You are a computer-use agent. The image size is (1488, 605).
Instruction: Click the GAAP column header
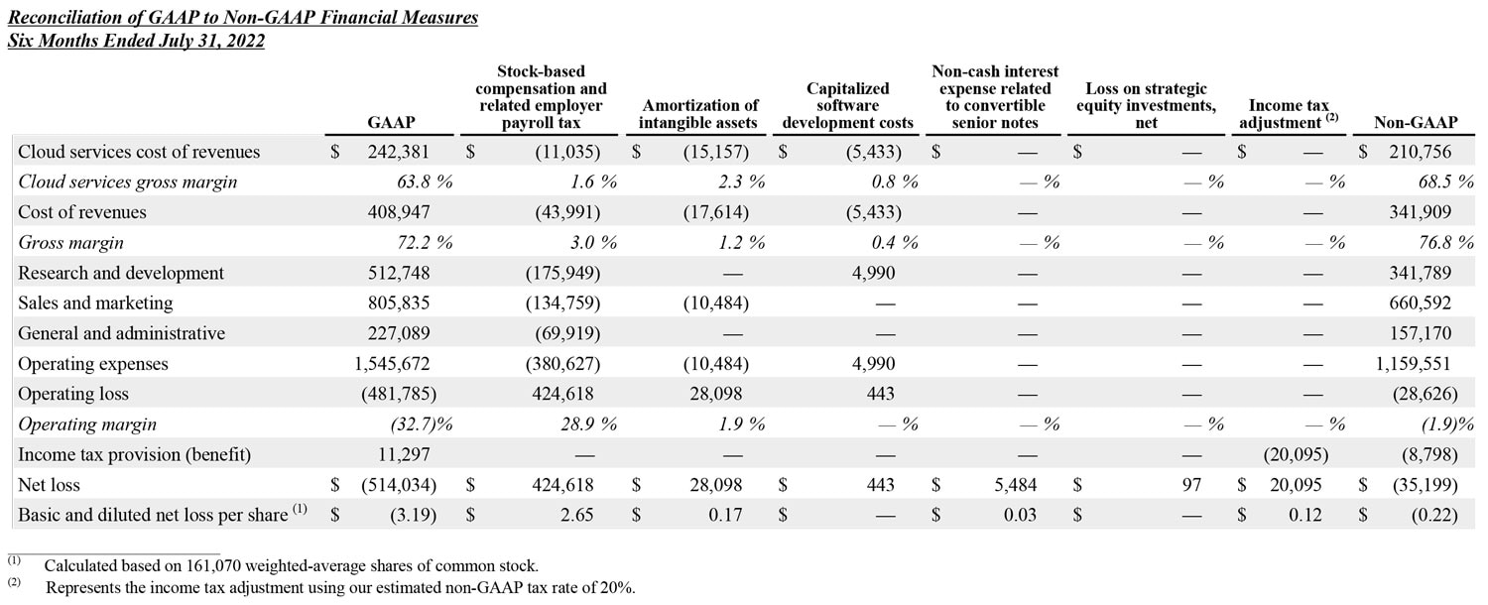coord(390,122)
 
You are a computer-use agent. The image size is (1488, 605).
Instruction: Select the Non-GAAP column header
coord(1415,122)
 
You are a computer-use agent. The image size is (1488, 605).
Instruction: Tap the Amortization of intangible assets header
coord(699,114)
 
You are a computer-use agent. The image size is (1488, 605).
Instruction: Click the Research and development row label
coord(121,273)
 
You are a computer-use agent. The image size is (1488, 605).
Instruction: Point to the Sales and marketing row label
coord(95,302)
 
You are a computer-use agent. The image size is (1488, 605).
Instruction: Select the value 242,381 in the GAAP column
coord(397,152)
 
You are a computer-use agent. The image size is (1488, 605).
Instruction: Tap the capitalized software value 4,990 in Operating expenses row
coord(873,363)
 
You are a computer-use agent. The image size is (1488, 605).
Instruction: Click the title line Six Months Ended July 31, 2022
coord(136,41)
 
